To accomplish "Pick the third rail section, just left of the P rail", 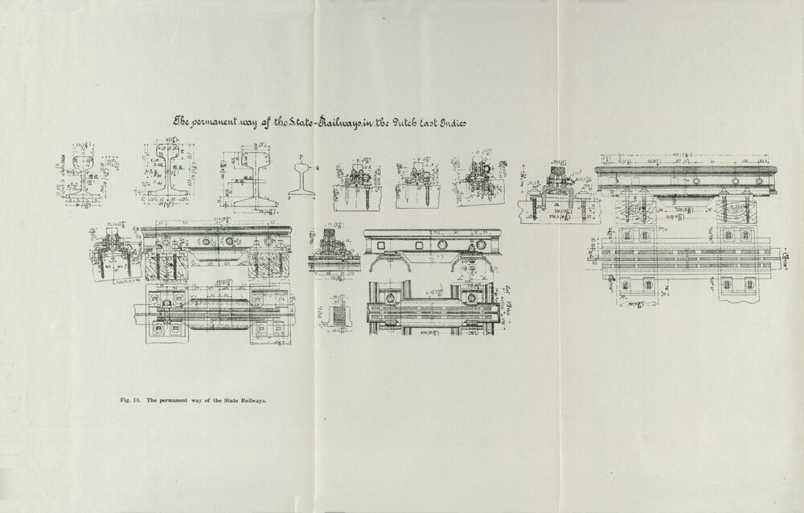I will click(x=252, y=175).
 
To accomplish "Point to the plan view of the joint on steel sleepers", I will click(x=434, y=309).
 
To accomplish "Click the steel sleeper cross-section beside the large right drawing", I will click(x=555, y=197).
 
